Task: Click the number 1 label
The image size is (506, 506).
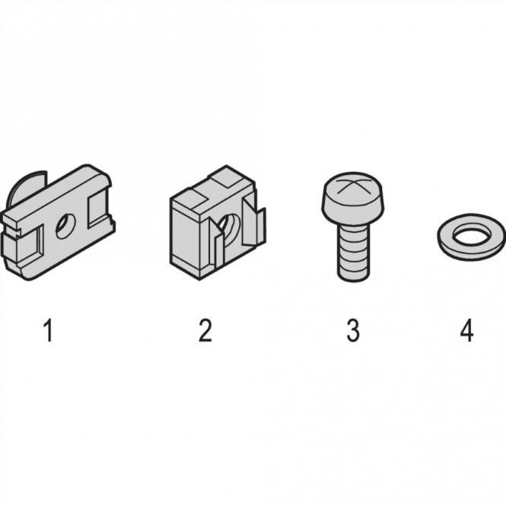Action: (x=48, y=330)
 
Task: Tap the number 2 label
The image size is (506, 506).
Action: (x=205, y=330)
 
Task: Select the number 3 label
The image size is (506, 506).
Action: (x=353, y=330)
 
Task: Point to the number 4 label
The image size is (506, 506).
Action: (x=466, y=330)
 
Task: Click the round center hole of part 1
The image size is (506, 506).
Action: (x=65, y=226)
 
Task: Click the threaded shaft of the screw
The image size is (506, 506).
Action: (x=353, y=253)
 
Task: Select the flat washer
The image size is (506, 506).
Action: (x=472, y=237)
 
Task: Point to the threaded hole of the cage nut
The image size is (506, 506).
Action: (x=228, y=226)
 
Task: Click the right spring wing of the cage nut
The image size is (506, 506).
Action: (x=254, y=224)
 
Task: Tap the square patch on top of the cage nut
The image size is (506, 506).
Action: (x=227, y=178)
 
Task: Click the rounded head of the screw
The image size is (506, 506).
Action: (x=352, y=199)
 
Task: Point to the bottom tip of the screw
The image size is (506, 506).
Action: (x=353, y=281)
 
